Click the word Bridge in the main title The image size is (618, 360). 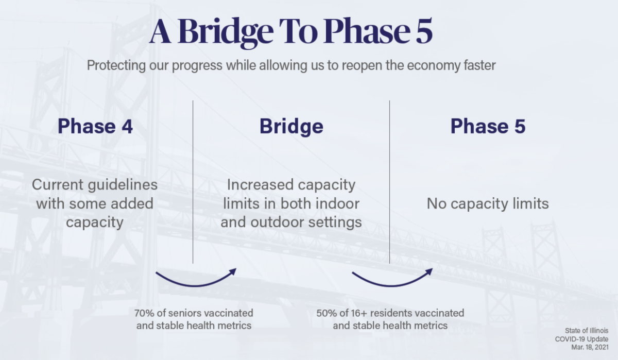[226, 32]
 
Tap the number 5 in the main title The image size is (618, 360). [424, 31]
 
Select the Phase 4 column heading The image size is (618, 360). [95, 126]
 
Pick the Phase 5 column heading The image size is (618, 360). [488, 126]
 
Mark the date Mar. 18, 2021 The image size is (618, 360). [590, 347]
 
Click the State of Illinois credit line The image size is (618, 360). [587, 331]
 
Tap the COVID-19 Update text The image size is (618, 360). [581, 339]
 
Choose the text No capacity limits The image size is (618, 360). [488, 204]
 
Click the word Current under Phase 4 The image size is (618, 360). [58, 184]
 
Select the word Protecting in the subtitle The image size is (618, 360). [116, 65]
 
